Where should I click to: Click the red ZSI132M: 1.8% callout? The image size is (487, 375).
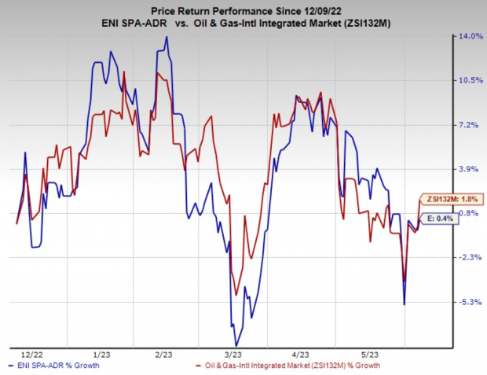tap(450, 199)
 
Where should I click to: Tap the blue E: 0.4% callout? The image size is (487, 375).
tap(439, 218)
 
